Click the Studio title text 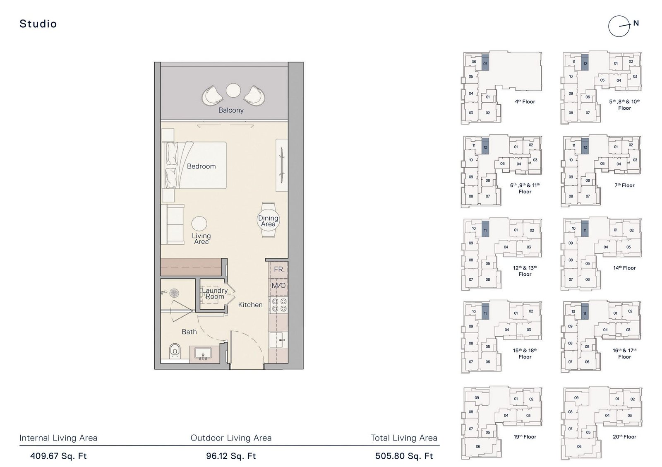[38, 24]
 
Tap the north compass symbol [619, 26]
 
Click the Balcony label [231, 110]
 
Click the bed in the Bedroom [197, 166]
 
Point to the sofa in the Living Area [173, 224]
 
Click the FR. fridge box [279, 270]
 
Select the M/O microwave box [278, 286]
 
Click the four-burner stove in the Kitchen [278, 305]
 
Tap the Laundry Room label [214, 294]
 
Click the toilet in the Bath [175, 351]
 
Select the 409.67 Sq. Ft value [58, 456]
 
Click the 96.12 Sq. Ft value [231, 456]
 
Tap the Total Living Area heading [404, 438]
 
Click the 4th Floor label [525, 101]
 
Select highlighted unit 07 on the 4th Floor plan [485, 63]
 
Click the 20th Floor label [624, 437]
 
